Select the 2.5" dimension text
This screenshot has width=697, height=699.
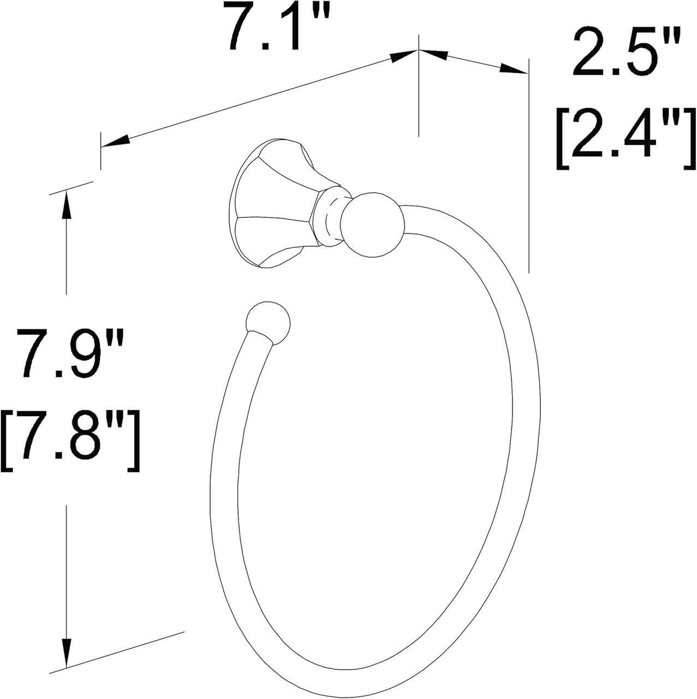point(627,53)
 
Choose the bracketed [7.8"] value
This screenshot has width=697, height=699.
point(72,442)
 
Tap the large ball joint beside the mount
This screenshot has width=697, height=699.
point(373,224)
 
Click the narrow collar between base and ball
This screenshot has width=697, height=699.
point(332,216)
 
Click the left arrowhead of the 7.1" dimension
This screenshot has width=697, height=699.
point(115,141)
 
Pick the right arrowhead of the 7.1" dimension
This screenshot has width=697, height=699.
point(404,55)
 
